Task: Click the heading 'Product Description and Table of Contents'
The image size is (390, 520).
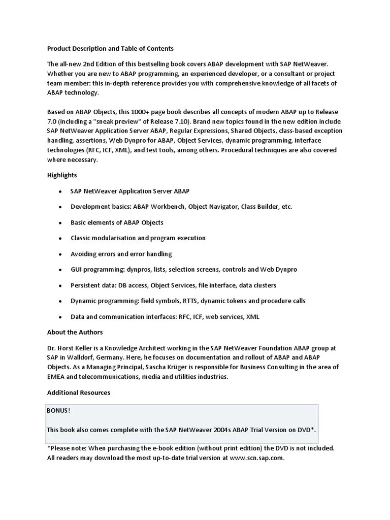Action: click(110, 49)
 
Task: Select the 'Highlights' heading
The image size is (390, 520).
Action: click(62, 175)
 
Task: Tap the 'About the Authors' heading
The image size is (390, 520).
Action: click(75, 332)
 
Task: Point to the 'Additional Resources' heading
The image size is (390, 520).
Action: click(79, 393)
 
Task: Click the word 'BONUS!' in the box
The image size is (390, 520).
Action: click(58, 410)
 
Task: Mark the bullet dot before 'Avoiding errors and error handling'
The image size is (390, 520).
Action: click(60, 254)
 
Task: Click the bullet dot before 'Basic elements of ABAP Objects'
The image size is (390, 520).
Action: click(60, 222)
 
